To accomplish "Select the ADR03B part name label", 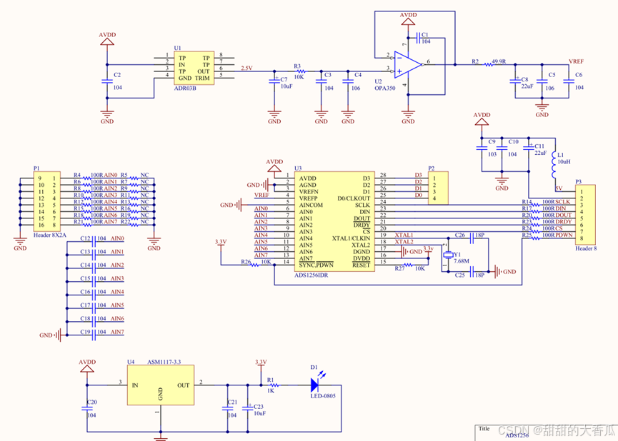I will coord(185,87).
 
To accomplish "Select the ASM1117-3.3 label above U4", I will coord(164,363).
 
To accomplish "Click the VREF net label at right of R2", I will coord(575,61).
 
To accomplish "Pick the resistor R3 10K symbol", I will coord(301,72).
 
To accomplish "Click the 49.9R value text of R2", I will coord(499,62).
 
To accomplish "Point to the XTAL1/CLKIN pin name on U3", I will coord(351,238).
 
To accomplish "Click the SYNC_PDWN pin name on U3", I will coord(317,265).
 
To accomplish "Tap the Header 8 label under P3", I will coord(587,249).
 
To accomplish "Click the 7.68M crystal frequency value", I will coord(460,260).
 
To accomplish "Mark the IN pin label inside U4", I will coord(135,385).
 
